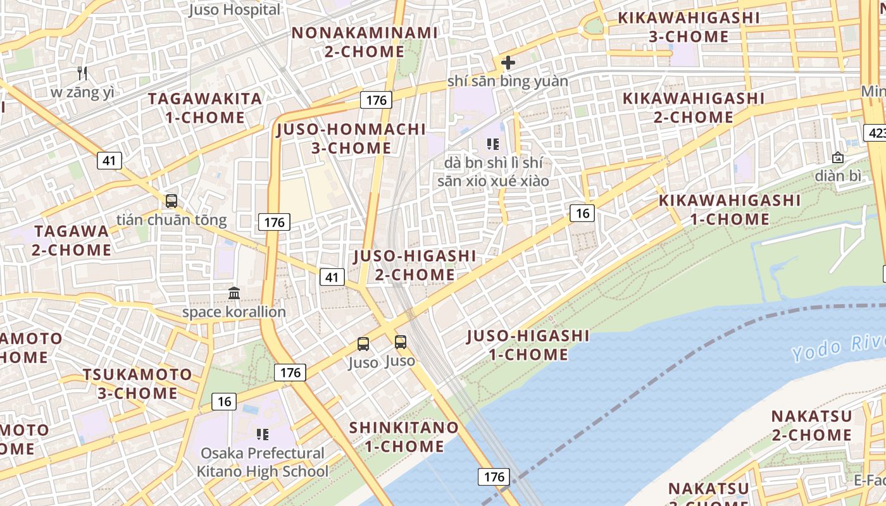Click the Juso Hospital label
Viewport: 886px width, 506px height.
tap(235, 10)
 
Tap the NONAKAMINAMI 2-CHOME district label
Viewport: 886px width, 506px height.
tap(365, 42)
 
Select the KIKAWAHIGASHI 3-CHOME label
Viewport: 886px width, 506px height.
tap(689, 27)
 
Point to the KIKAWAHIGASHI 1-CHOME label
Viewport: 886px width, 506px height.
tap(730, 210)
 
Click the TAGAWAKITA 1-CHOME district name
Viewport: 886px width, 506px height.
tap(205, 108)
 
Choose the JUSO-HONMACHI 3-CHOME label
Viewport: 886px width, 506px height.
tap(351, 139)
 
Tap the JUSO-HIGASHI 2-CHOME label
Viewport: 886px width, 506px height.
tap(415, 266)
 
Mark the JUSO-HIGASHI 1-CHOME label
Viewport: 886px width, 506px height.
tap(528, 345)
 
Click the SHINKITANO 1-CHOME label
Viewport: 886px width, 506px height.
tap(404, 436)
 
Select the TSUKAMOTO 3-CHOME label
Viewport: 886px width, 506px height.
tap(137, 384)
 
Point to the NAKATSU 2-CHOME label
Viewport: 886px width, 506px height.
tap(811, 426)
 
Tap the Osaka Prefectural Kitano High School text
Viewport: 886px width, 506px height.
tap(263, 462)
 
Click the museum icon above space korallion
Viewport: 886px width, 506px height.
tap(234, 293)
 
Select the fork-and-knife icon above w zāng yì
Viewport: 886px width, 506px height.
tap(82, 73)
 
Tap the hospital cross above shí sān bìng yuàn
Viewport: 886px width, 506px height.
tap(508, 63)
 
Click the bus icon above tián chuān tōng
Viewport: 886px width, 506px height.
tap(171, 201)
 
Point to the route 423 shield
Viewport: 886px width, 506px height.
tap(875, 133)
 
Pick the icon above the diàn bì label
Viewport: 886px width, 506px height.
tap(838, 157)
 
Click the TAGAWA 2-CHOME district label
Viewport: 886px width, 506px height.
tap(72, 240)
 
